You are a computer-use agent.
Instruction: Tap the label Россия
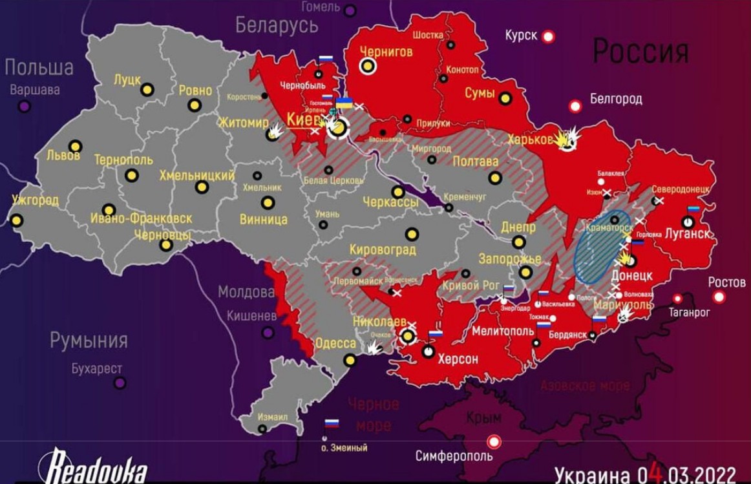pyautogui.click(x=640, y=51)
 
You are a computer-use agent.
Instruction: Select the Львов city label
pyautogui.click(x=63, y=156)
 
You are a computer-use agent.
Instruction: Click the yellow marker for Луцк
pyautogui.click(x=147, y=90)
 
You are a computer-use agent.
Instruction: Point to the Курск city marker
pyautogui.click(x=549, y=37)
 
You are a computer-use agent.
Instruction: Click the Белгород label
pyautogui.click(x=616, y=99)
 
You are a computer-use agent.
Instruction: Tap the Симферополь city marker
pyautogui.click(x=494, y=441)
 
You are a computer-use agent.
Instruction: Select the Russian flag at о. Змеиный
pyautogui.click(x=332, y=424)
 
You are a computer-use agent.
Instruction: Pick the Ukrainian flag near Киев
pyautogui.click(x=344, y=103)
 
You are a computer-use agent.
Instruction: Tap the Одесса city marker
pyautogui.click(x=350, y=360)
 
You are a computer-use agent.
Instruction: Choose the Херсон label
pyautogui.click(x=458, y=359)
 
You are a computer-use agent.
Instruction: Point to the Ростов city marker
pyautogui.click(x=719, y=297)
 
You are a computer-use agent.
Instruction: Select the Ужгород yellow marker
pyautogui.click(x=16, y=220)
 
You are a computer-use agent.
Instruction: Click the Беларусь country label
pyautogui.click(x=277, y=26)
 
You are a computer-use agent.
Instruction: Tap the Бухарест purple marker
pyautogui.click(x=120, y=383)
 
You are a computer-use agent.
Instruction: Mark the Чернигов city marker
pyautogui.click(x=368, y=66)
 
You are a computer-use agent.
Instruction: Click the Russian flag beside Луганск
pyautogui.click(x=693, y=210)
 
